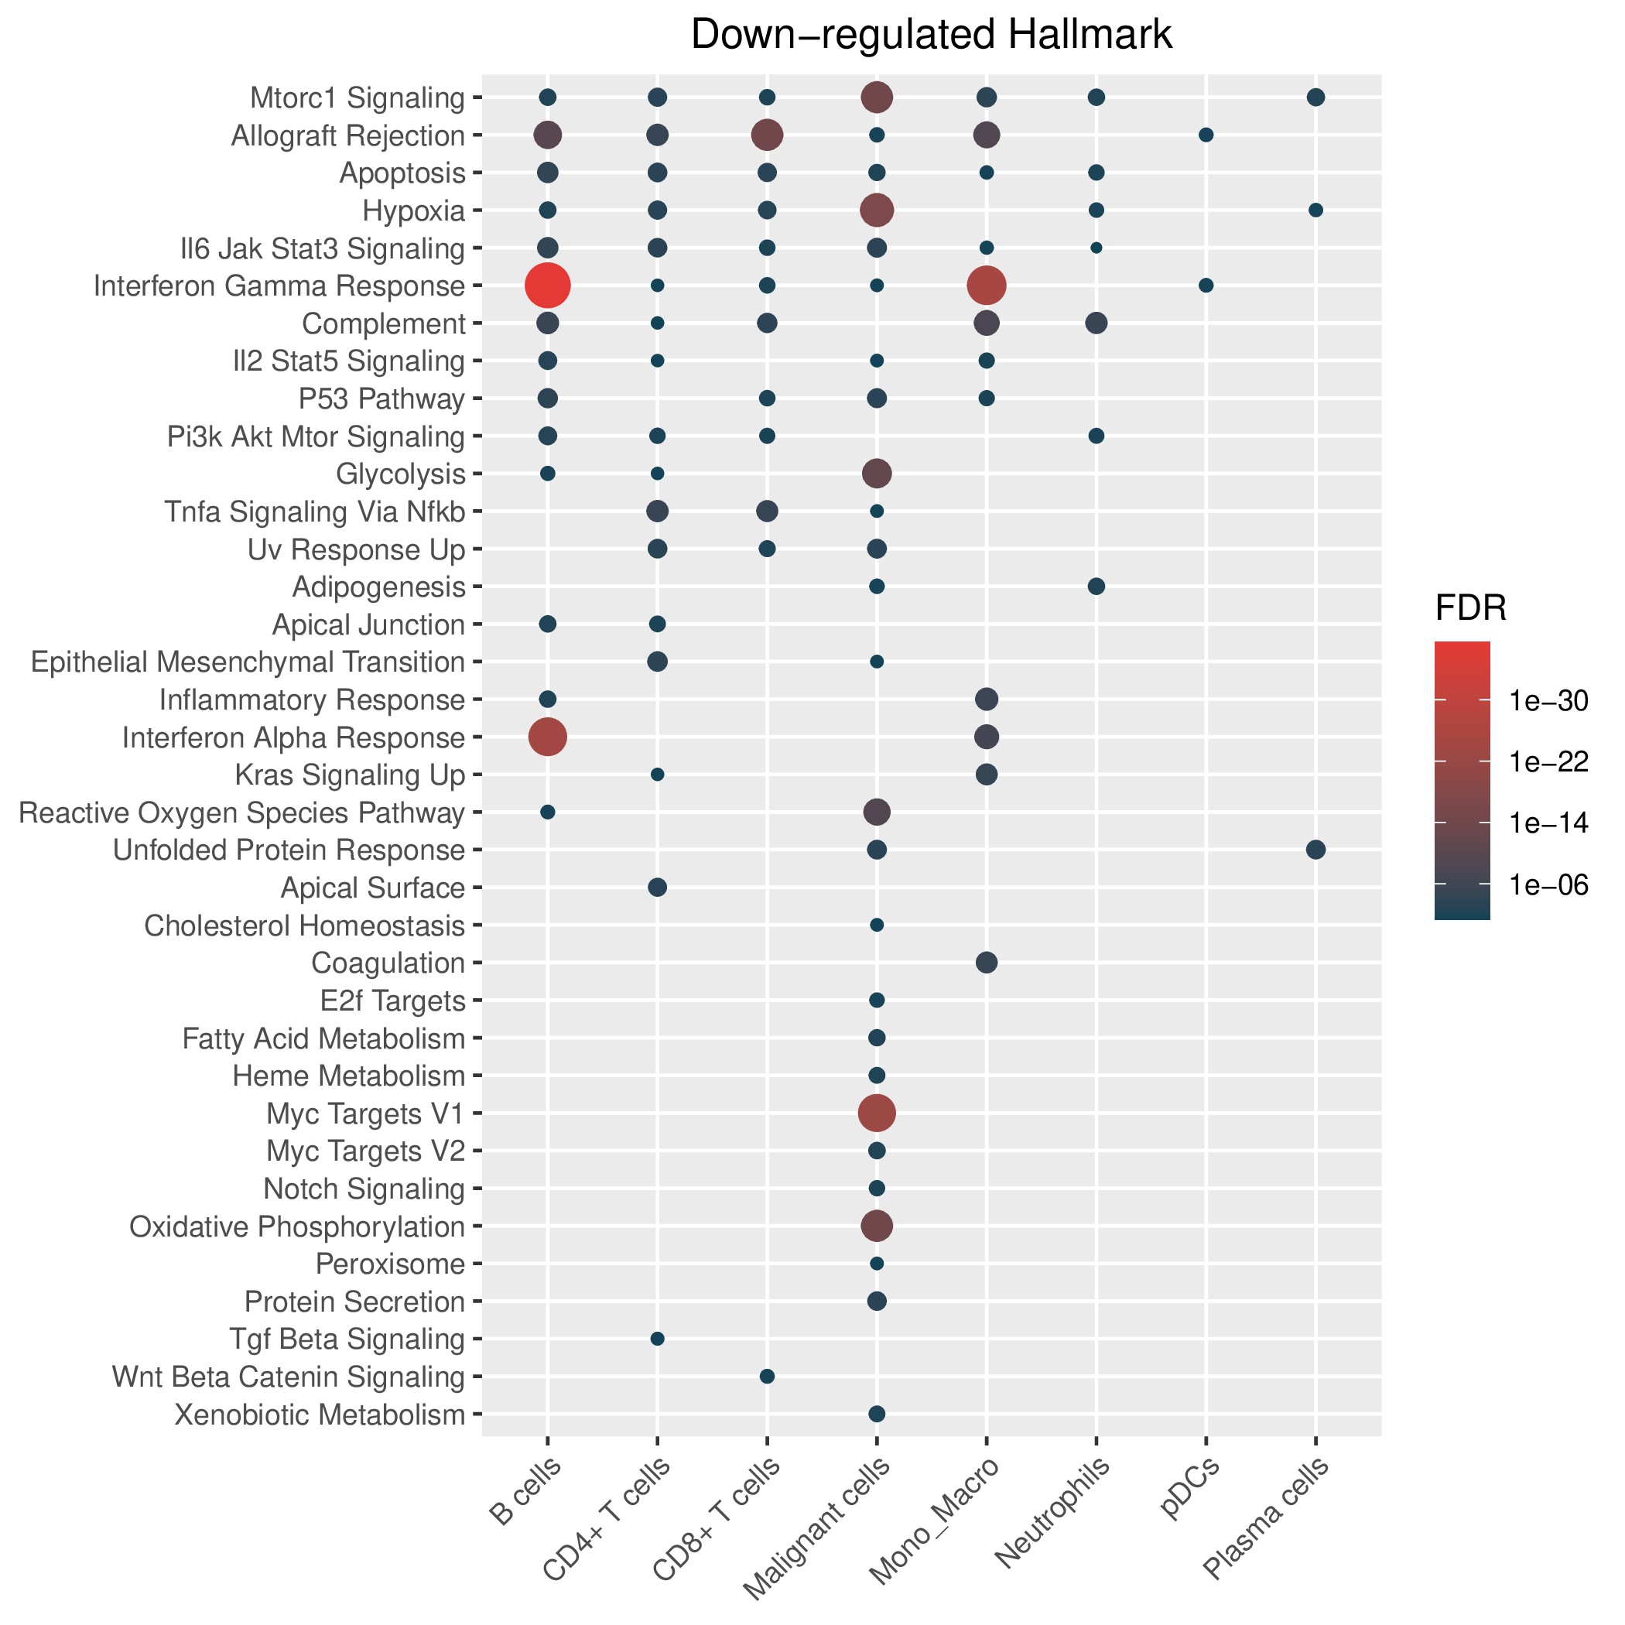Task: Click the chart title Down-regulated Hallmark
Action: click(931, 36)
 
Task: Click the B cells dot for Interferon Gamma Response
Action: click(548, 285)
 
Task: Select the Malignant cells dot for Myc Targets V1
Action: click(877, 1113)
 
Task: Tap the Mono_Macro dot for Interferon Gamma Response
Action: click(987, 285)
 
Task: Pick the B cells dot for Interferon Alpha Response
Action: click(548, 737)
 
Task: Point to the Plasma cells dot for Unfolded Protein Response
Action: click(1315, 850)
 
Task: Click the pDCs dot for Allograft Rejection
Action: click(1206, 135)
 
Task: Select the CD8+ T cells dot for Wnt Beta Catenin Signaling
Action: click(767, 1376)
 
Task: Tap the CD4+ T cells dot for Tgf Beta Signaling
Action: click(658, 1338)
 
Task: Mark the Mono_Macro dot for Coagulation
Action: click(987, 962)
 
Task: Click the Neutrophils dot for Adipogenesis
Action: click(1096, 587)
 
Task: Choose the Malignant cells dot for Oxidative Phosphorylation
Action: click(877, 1226)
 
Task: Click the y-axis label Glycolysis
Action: click(400, 474)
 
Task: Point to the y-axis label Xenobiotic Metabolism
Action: click(320, 1415)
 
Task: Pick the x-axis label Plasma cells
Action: click(1266, 1520)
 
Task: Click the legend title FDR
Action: click(1470, 609)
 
